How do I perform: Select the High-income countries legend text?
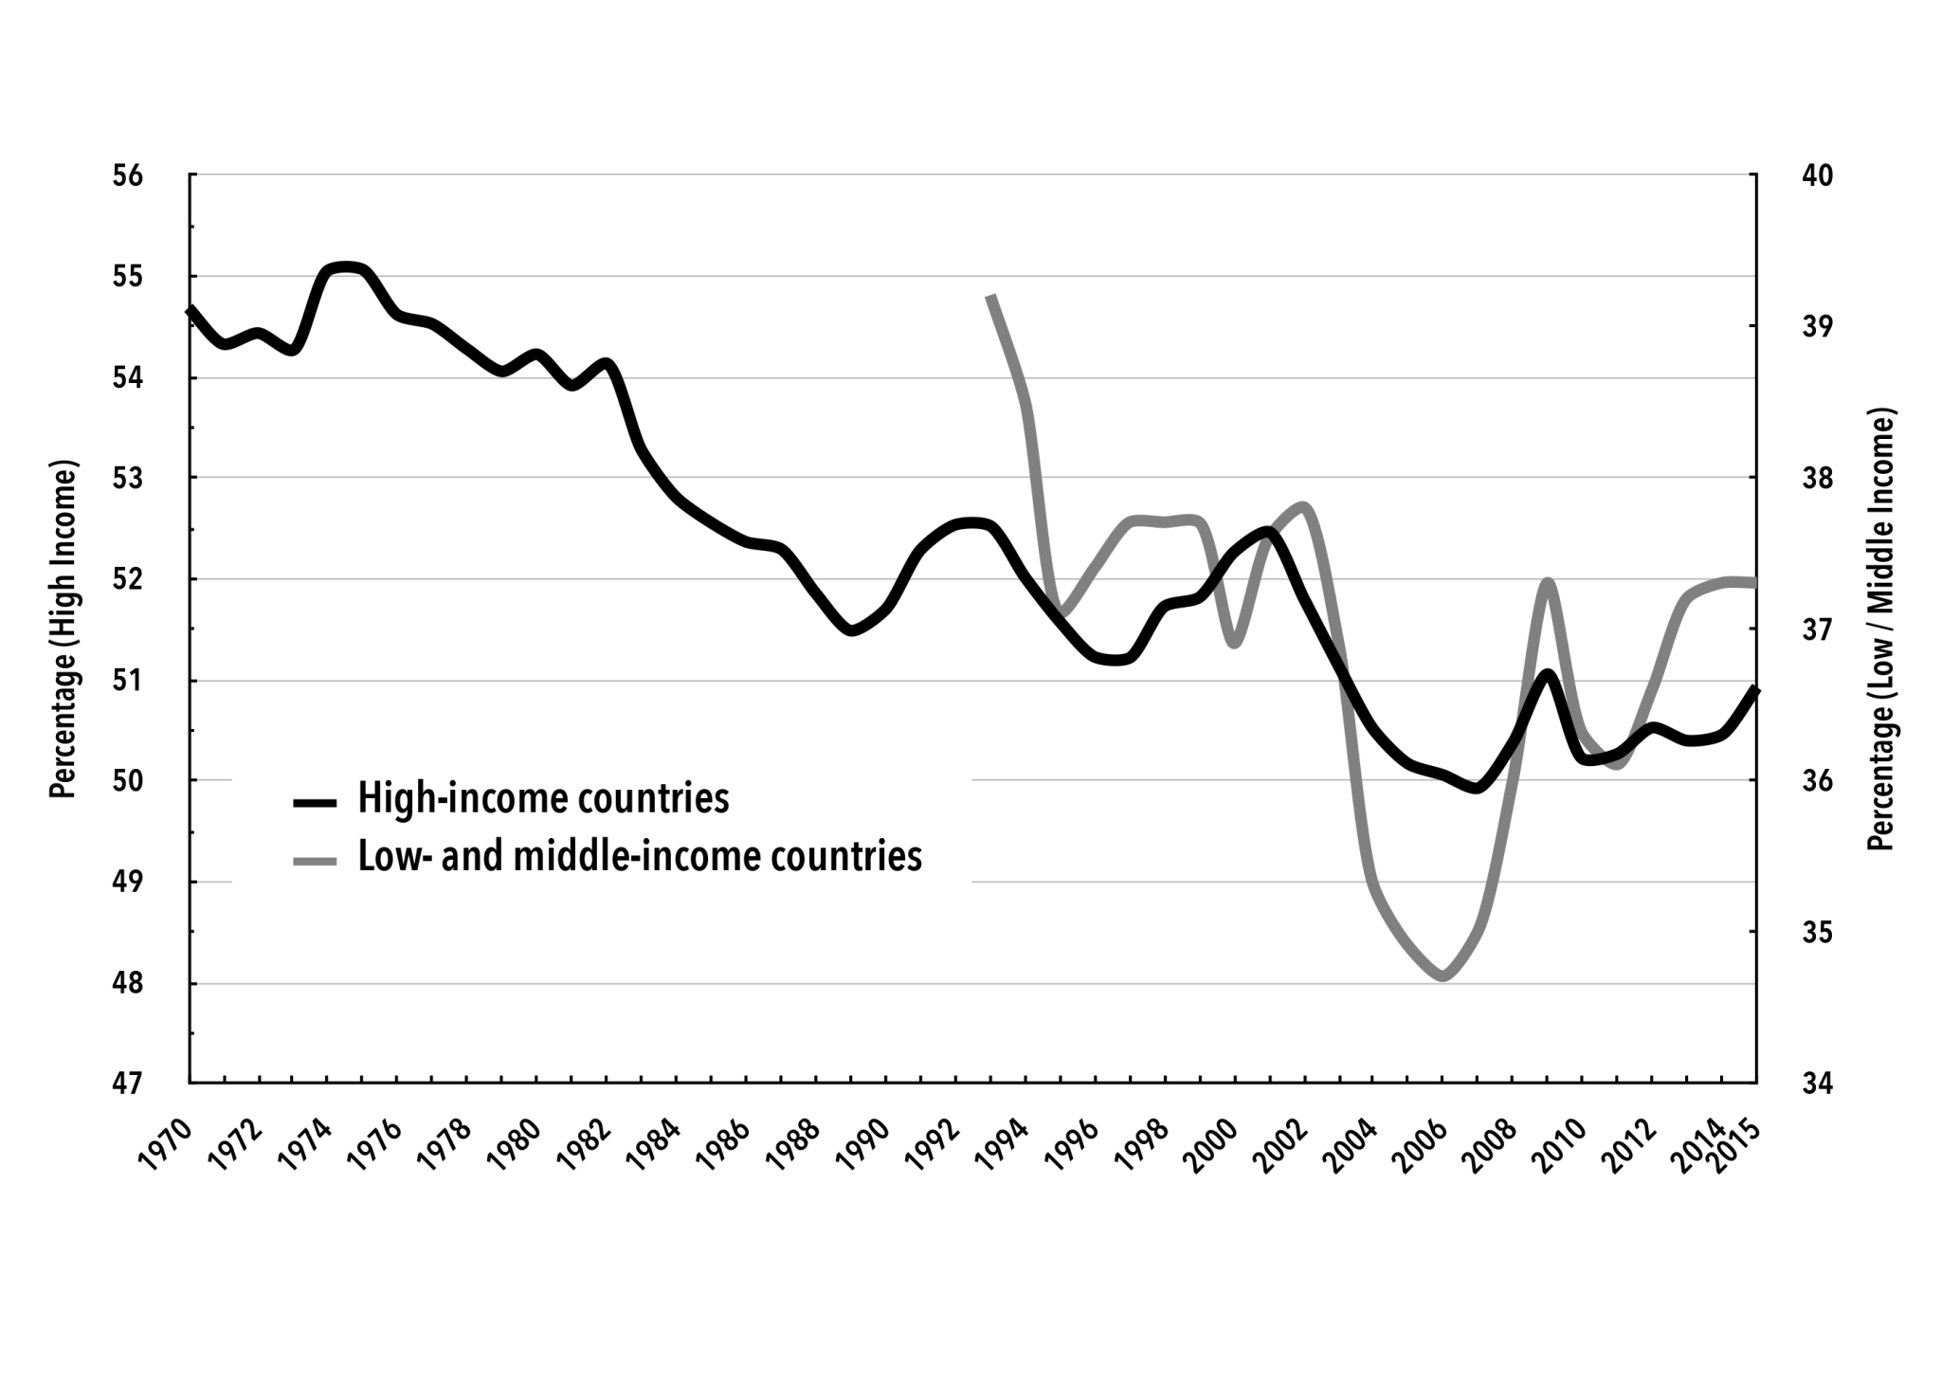543,799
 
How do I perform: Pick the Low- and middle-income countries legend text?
640,856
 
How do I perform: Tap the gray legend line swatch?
315,861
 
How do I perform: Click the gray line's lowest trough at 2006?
1442,976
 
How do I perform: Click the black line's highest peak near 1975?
347,266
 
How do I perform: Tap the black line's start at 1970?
190,309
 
